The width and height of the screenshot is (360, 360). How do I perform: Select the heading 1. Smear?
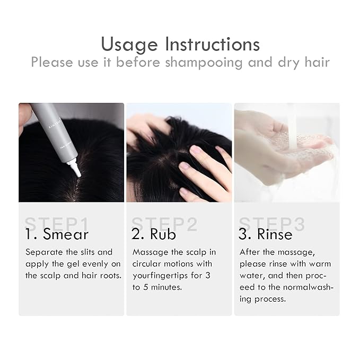[57, 234]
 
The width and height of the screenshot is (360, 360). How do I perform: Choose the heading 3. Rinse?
[266, 234]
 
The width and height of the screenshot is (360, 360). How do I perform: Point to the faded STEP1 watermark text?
[57, 224]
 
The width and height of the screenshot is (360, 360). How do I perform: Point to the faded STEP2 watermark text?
[164, 224]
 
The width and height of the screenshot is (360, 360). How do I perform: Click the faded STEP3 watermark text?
[272, 224]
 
